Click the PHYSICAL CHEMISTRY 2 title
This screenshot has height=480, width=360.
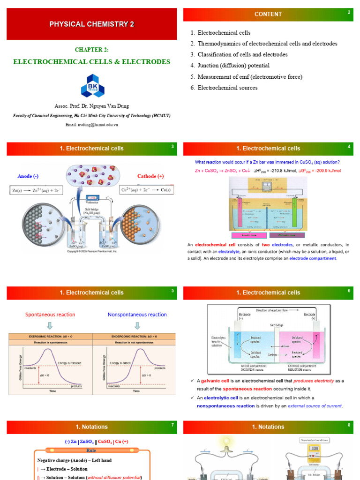(x=92, y=24)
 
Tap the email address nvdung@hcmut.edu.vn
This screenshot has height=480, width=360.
(x=92, y=125)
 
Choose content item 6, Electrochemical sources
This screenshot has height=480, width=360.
(x=227, y=88)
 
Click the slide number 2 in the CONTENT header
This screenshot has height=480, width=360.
(x=349, y=12)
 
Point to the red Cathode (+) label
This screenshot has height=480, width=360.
(x=150, y=176)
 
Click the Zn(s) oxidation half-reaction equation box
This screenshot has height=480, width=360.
(x=37, y=190)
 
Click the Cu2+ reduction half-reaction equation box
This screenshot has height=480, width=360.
(x=147, y=190)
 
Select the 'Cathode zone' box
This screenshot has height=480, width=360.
(x=287, y=235)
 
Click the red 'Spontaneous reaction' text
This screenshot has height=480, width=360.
(x=50, y=315)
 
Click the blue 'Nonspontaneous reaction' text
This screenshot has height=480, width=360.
(x=137, y=315)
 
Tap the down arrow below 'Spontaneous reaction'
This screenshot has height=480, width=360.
(x=50, y=325)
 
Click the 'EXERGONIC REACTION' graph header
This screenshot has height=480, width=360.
(x=50, y=336)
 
